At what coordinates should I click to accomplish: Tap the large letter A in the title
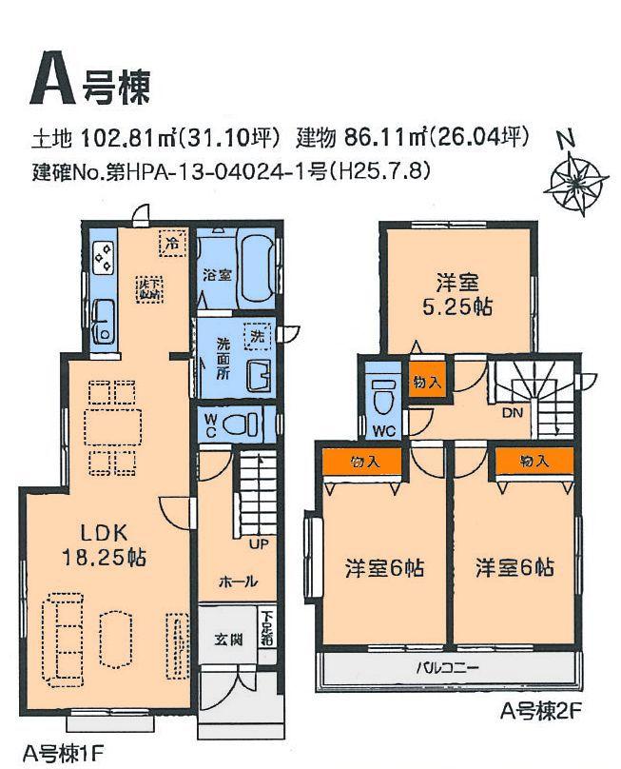point(55,78)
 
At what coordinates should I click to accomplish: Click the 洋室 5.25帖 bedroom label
point(456,295)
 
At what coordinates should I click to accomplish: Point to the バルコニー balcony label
point(447,667)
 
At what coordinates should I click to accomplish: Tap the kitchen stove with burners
point(102,255)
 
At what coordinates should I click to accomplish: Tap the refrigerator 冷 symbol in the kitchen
point(172,242)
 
